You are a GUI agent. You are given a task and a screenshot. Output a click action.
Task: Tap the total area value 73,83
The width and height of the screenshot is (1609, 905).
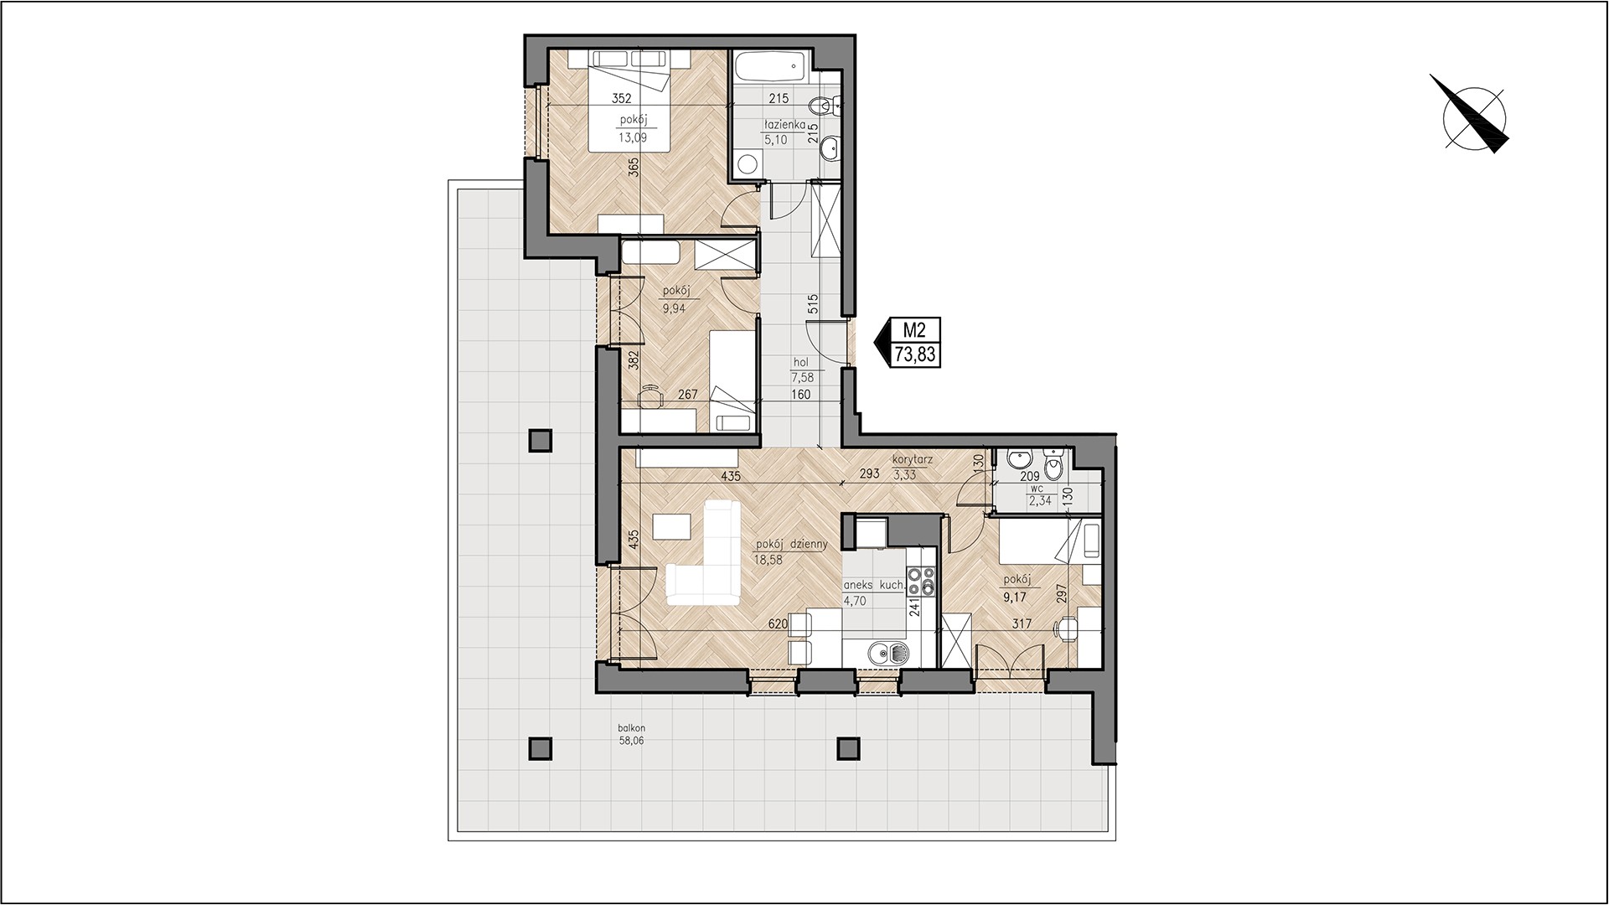click(914, 355)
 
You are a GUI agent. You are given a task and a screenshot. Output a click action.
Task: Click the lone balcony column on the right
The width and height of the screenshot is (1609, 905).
click(848, 747)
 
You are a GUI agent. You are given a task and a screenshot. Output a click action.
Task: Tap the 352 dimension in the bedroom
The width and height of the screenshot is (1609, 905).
click(620, 97)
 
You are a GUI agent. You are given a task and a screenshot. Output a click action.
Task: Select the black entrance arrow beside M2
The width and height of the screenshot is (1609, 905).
click(883, 343)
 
